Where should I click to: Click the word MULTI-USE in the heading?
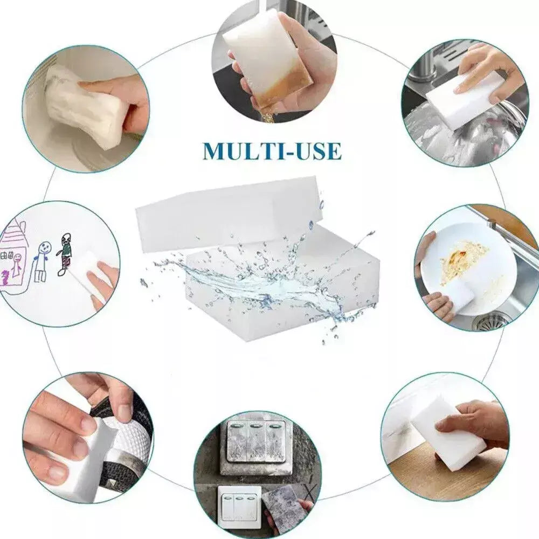(x=272, y=151)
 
